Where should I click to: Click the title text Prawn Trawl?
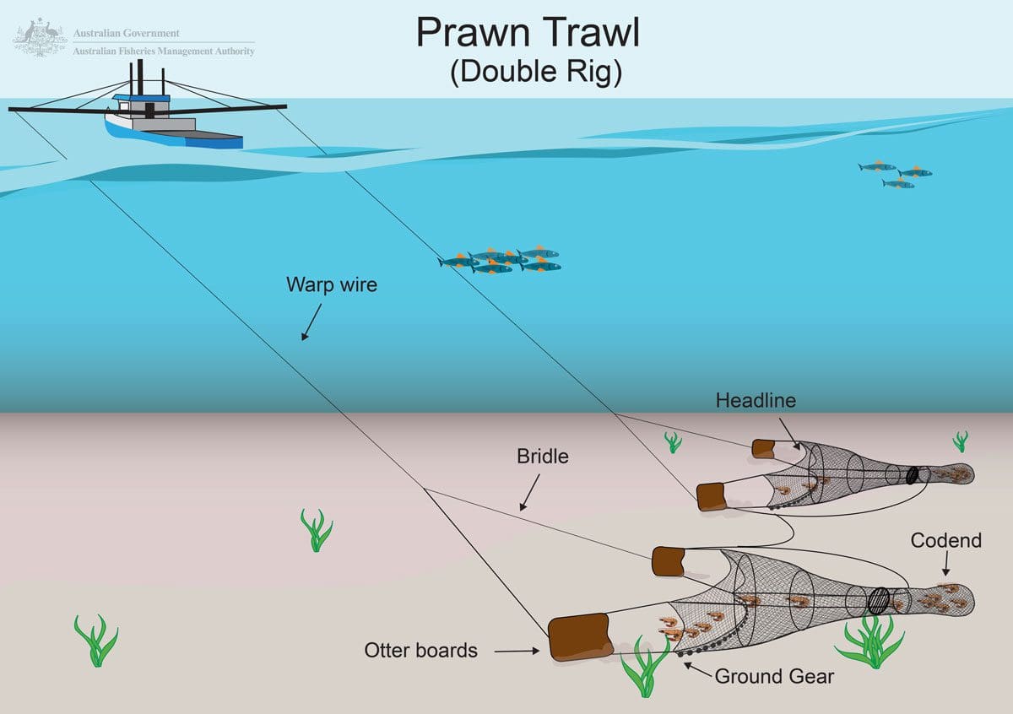(x=528, y=33)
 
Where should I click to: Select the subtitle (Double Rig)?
(x=536, y=73)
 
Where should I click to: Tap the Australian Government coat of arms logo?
(x=40, y=39)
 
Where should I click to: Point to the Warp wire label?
(x=332, y=284)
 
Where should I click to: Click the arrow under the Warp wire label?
(x=311, y=323)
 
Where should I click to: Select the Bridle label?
(x=543, y=457)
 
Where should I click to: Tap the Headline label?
(x=756, y=400)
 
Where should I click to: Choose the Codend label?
(x=945, y=540)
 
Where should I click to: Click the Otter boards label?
(x=420, y=650)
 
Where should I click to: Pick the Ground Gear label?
(x=774, y=676)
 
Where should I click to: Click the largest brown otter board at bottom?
(x=580, y=637)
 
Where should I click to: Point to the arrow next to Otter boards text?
(x=517, y=651)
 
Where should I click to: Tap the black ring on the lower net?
(x=879, y=600)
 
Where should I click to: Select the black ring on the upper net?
(x=912, y=475)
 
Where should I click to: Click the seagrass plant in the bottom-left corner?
(x=96, y=641)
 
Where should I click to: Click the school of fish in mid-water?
(x=501, y=260)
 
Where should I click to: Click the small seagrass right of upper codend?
(x=961, y=441)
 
